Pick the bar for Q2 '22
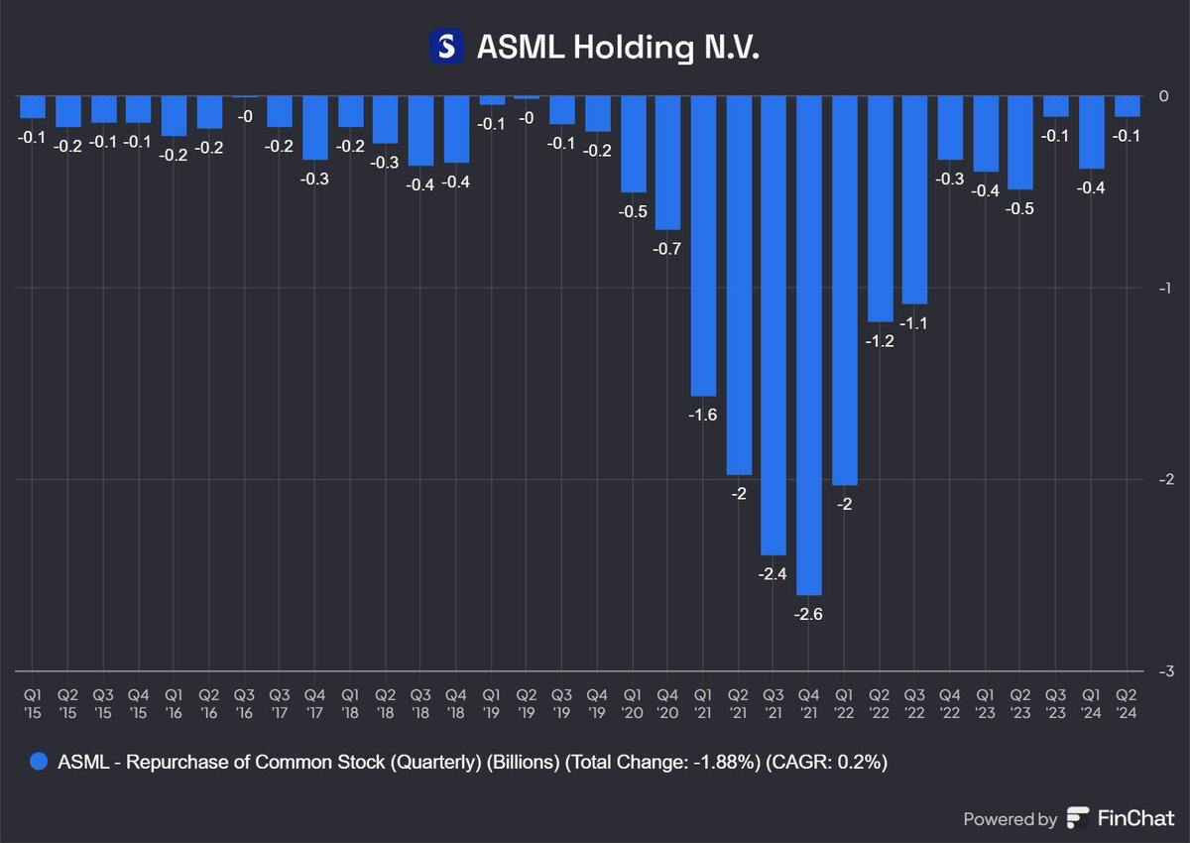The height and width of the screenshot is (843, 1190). (880, 208)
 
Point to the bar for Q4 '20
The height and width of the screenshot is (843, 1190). (667, 163)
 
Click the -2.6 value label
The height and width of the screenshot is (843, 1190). (808, 614)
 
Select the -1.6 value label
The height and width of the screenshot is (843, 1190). (702, 416)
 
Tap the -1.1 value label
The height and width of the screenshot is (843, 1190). (913, 323)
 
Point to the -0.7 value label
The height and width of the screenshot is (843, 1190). (667, 249)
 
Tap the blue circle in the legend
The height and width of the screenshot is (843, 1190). (39, 762)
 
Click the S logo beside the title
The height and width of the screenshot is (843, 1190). (447, 46)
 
